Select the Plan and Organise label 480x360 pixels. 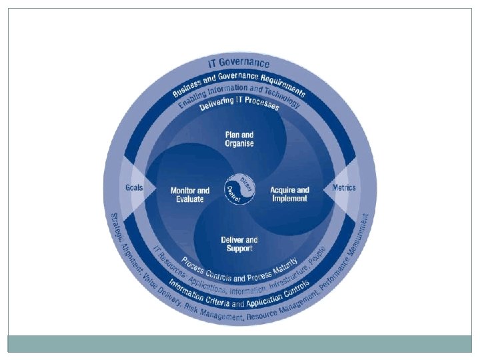(x=238, y=140)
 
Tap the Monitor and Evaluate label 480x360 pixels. (x=190, y=194)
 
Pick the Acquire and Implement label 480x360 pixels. (x=289, y=194)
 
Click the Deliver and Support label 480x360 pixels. (x=239, y=243)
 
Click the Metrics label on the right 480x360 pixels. (x=344, y=187)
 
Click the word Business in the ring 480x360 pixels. (x=189, y=85)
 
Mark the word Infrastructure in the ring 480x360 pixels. (x=290, y=279)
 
